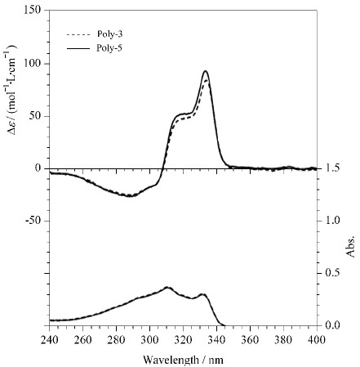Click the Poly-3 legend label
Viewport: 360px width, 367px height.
pos(109,34)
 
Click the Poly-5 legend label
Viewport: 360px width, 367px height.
pos(109,48)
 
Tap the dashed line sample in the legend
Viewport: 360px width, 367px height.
pos(78,35)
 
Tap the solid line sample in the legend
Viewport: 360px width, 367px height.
pos(78,49)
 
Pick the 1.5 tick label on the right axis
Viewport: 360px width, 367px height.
pos(332,168)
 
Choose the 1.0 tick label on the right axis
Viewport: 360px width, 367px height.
pos(332,220)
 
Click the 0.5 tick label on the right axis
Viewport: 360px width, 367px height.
pos(332,273)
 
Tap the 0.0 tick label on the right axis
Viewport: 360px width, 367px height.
pos(332,325)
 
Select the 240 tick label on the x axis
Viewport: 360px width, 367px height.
pos(49,340)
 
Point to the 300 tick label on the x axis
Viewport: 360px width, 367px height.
pos(149,340)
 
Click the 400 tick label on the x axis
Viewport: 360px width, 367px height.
pos(317,340)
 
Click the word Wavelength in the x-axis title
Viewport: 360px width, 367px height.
pos(171,360)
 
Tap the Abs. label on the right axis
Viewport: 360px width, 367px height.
pos(350,245)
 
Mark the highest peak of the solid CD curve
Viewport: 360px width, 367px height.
pos(206,71)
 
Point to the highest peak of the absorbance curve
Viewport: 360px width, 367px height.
pos(167,287)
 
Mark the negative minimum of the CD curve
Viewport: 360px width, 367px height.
pos(130,195)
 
